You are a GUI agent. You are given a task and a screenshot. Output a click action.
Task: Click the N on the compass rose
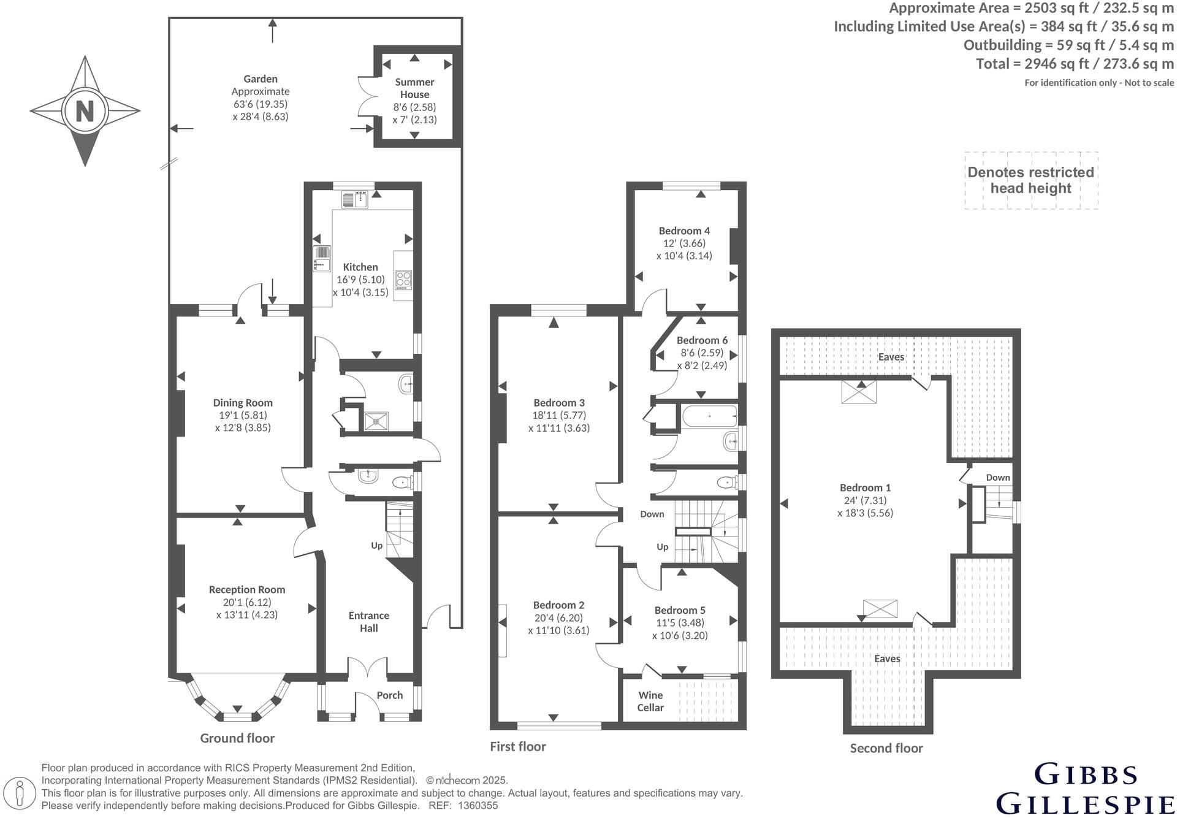(x=85, y=112)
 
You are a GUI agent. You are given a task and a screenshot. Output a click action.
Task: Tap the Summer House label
(x=415, y=88)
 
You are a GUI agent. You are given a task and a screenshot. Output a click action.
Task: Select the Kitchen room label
(x=360, y=267)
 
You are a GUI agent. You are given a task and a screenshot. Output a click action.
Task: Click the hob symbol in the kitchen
(x=403, y=280)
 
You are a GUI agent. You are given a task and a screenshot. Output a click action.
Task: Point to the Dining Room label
(x=243, y=403)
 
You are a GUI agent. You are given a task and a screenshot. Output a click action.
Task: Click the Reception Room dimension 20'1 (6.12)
(x=247, y=603)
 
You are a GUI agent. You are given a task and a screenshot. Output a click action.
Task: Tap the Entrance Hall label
(x=369, y=622)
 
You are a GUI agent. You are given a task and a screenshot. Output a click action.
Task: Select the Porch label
(x=390, y=695)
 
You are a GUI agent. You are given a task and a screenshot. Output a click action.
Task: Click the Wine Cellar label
(x=651, y=701)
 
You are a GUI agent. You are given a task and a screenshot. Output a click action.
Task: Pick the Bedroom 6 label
(x=702, y=340)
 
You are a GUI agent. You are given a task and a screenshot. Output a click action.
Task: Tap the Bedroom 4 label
(x=685, y=231)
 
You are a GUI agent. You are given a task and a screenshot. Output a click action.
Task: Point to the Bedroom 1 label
(x=866, y=488)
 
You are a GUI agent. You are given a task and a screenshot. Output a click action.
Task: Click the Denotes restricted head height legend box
(x=1031, y=181)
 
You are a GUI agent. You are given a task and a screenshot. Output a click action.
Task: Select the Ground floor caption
(x=237, y=738)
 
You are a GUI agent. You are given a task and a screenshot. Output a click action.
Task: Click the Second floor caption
(x=886, y=748)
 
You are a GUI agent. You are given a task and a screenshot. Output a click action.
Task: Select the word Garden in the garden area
(x=261, y=79)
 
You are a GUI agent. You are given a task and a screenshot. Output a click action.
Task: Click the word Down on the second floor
(x=998, y=478)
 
